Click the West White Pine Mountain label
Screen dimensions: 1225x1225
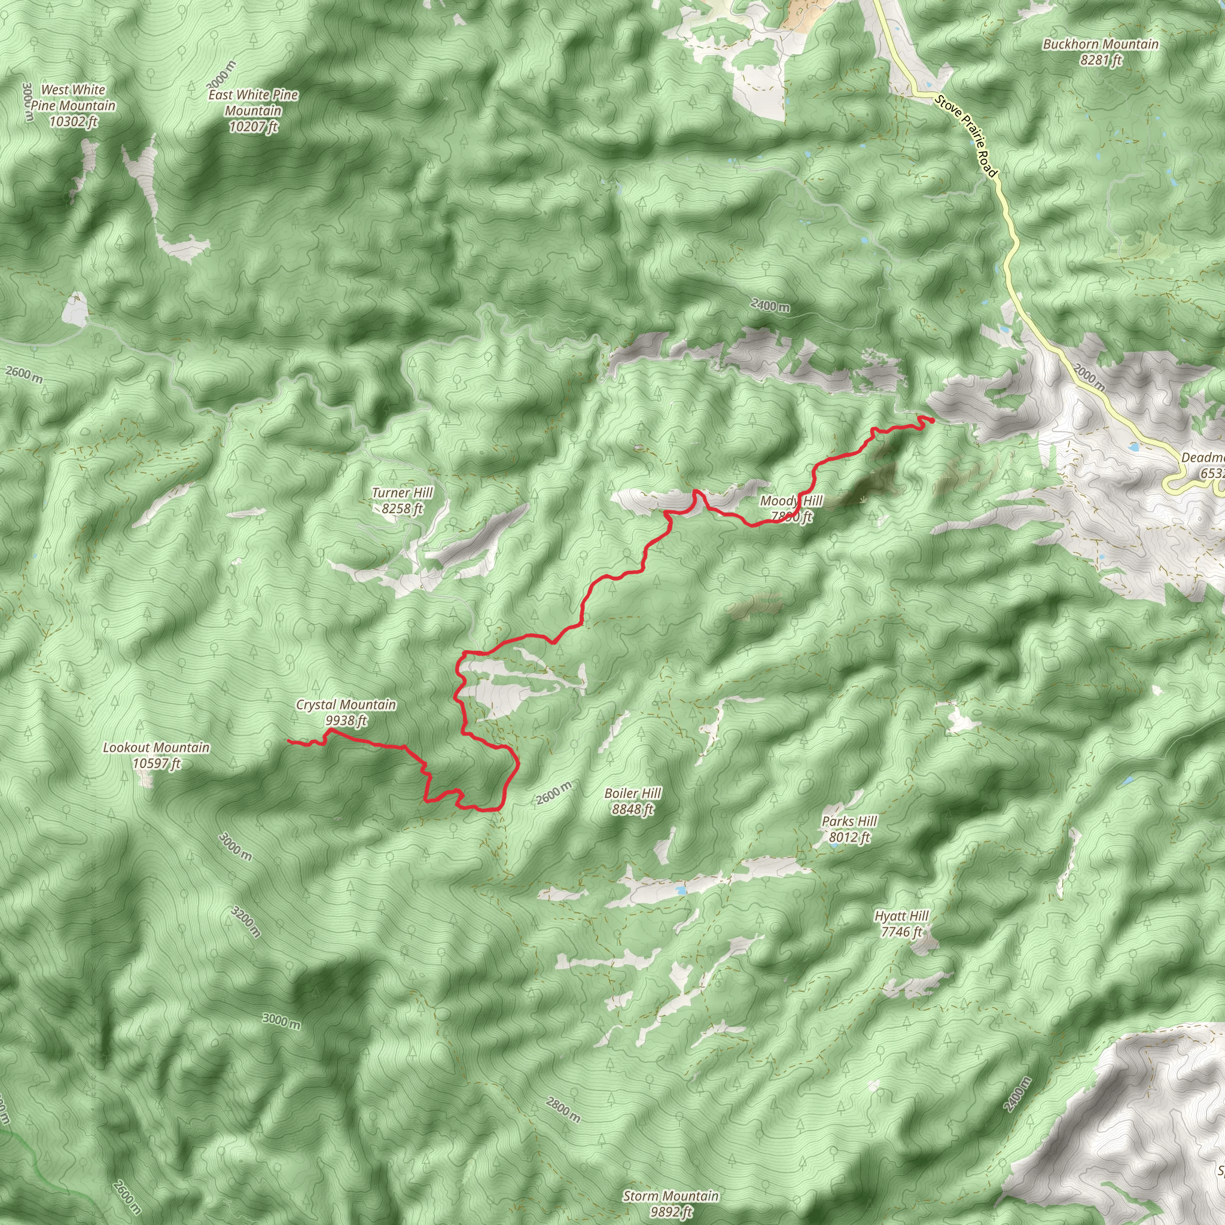(74, 105)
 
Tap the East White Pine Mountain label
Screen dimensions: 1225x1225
(253, 110)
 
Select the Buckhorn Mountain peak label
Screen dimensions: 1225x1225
(1101, 52)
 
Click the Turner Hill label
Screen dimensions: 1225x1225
(402, 500)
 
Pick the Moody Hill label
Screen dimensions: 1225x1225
(791, 508)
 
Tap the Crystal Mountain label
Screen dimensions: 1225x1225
(346, 712)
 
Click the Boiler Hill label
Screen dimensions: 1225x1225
(632, 801)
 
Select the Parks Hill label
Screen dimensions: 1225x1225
(849, 828)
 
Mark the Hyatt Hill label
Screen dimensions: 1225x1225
(901, 923)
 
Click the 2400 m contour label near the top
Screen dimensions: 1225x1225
(770, 306)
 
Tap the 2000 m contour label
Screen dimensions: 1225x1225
(1090, 377)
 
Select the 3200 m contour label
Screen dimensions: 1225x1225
(246, 921)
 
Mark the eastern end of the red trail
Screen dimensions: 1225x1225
(933, 420)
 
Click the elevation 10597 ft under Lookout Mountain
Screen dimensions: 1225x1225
(157, 763)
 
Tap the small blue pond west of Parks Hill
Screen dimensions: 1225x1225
(680, 890)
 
